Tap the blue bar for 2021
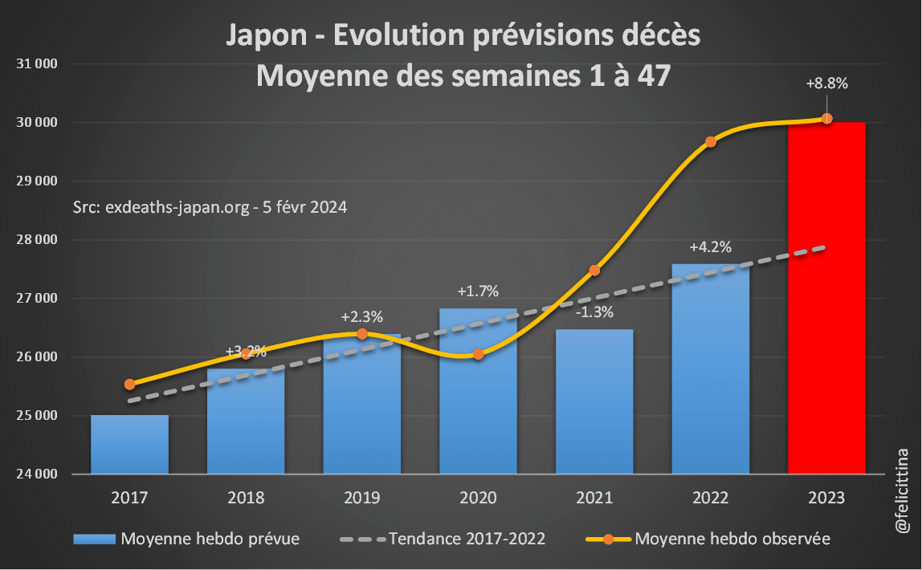[x=594, y=401]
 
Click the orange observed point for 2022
[x=711, y=142]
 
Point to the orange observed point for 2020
[x=478, y=354]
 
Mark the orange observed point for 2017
[x=130, y=385]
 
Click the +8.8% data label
[x=827, y=83]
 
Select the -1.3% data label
[x=594, y=312]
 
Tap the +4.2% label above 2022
[x=711, y=246]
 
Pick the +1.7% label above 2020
[x=478, y=291]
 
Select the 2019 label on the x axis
[x=361, y=498]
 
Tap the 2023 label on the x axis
[x=826, y=498]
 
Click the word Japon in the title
[x=265, y=36]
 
